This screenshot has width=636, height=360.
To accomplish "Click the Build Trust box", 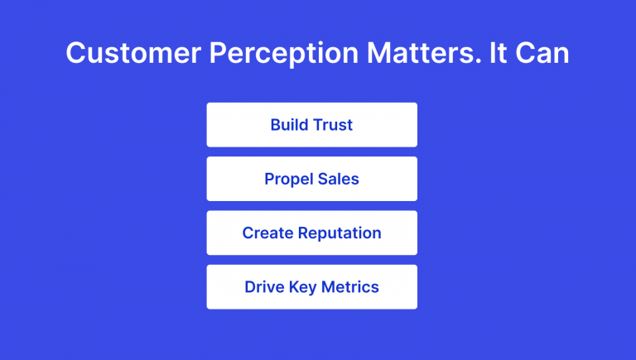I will (x=311, y=125).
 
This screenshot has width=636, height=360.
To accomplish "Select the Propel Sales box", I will (x=311, y=179).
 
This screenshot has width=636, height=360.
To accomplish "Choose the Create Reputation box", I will (x=311, y=233).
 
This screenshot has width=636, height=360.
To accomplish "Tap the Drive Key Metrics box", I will (x=311, y=287).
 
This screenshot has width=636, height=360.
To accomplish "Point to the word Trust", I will (x=332, y=125).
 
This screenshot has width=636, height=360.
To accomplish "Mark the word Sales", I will (x=339, y=179).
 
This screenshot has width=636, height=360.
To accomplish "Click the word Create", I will (x=266, y=233).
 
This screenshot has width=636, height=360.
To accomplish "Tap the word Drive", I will (x=263, y=287).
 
